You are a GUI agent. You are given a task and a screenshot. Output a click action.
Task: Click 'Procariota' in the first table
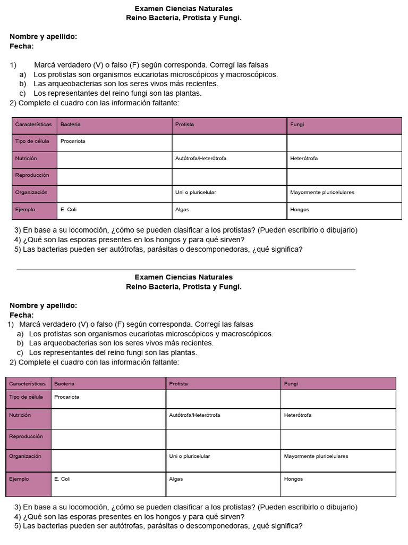pyautogui.click(x=73, y=142)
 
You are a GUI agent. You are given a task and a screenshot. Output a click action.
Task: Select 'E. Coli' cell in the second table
pyautogui.click(x=62, y=479)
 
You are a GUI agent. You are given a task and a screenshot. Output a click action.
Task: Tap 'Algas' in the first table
pyautogui.click(x=182, y=210)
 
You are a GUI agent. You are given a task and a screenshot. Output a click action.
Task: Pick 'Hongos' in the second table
pyautogui.click(x=293, y=479)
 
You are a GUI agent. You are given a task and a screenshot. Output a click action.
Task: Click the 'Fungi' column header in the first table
pyautogui.click(x=297, y=125)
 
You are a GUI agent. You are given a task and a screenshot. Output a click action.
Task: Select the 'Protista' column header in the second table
pyautogui.click(x=178, y=384)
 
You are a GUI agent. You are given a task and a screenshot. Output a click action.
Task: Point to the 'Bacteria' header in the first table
pyautogui.click(x=71, y=125)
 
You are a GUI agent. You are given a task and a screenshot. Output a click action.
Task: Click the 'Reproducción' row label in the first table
pyautogui.click(x=32, y=175)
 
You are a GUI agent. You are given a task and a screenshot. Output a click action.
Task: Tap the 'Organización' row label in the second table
pyautogui.click(x=25, y=456)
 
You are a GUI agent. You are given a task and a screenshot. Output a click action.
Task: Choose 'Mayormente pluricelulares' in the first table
pyautogui.click(x=322, y=192)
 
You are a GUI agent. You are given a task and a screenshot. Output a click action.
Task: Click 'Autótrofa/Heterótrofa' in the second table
pyautogui.click(x=194, y=415)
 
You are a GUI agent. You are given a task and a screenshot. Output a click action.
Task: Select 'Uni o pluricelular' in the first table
pyautogui.click(x=195, y=192)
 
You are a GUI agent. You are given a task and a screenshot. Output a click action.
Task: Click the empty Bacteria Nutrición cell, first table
pyautogui.click(x=114, y=159)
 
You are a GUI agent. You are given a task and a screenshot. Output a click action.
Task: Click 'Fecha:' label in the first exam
pyautogui.click(x=22, y=46)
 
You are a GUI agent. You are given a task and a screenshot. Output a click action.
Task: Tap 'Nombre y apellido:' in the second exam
pyautogui.click(x=43, y=305)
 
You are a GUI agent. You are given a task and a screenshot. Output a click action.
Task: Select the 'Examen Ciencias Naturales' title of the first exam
pyautogui.click(x=183, y=9)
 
